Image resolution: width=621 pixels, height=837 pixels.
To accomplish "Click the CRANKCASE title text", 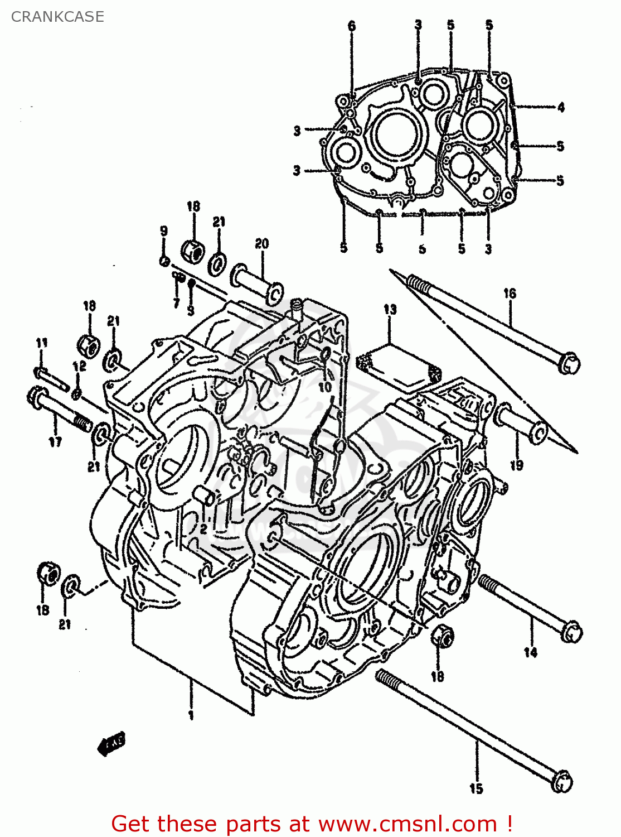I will (x=57, y=17).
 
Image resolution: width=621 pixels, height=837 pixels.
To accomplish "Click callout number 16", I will (x=510, y=294).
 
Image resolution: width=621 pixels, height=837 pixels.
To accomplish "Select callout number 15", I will (x=476, y=788).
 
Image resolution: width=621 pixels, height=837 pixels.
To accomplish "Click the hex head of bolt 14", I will (x=571, y=633).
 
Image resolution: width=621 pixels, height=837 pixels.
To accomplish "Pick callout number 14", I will (x=530, y=652).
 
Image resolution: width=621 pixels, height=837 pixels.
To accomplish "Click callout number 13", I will (x=390, y=309).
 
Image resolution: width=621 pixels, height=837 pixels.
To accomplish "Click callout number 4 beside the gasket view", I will (x=560, y=107).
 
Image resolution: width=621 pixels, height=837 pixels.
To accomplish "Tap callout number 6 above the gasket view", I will (x=352, y=26).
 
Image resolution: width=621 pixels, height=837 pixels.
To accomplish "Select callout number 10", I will (x=324, y=386).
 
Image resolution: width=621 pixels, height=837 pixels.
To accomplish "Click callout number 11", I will (x=42, y=343).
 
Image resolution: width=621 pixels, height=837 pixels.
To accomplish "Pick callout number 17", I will (x=55, y=442).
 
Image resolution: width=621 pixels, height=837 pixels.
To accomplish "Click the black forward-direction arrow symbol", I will (x=111, y=744).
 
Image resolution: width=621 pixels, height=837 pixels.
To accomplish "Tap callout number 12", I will (x=79, y=366).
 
